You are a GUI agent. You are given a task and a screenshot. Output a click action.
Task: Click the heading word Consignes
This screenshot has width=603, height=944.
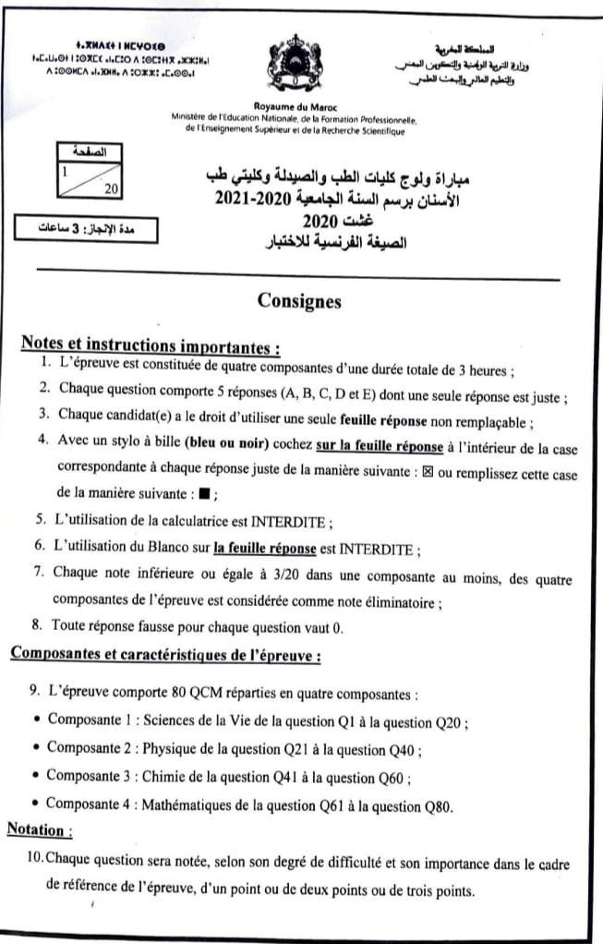coord(300,300)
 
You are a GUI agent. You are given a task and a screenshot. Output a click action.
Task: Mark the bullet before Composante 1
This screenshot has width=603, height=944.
coord(35,719)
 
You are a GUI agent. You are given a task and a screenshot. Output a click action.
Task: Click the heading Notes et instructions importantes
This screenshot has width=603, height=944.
coord(150,345)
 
